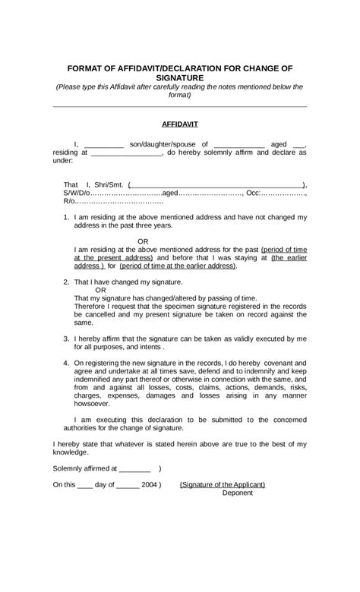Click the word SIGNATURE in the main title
coord(180,77)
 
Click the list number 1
coord(66,218)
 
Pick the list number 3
coord(66,338)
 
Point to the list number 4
coord(66,363)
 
